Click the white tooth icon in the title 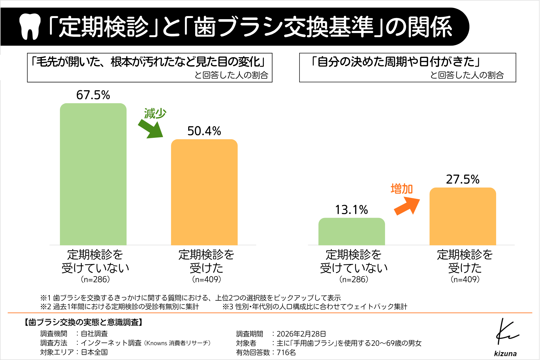point(30,26)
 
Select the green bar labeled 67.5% point(93,174)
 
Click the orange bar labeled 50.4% point(204,192)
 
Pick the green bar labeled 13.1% point(352,231)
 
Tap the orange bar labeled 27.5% point(463,216)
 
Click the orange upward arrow point(407,206)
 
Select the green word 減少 point(155,114)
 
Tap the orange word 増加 point(402,189)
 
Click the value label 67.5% point(93,95)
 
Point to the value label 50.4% point(204,131)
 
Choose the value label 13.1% point(352,210)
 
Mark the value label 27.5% point(463,179)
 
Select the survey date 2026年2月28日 point(301,334)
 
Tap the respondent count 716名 point(286,352)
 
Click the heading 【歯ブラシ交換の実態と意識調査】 point(83,322)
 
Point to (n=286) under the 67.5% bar point(95,279)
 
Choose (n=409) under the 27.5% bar point(465,279)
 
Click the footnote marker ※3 point(228,307)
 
